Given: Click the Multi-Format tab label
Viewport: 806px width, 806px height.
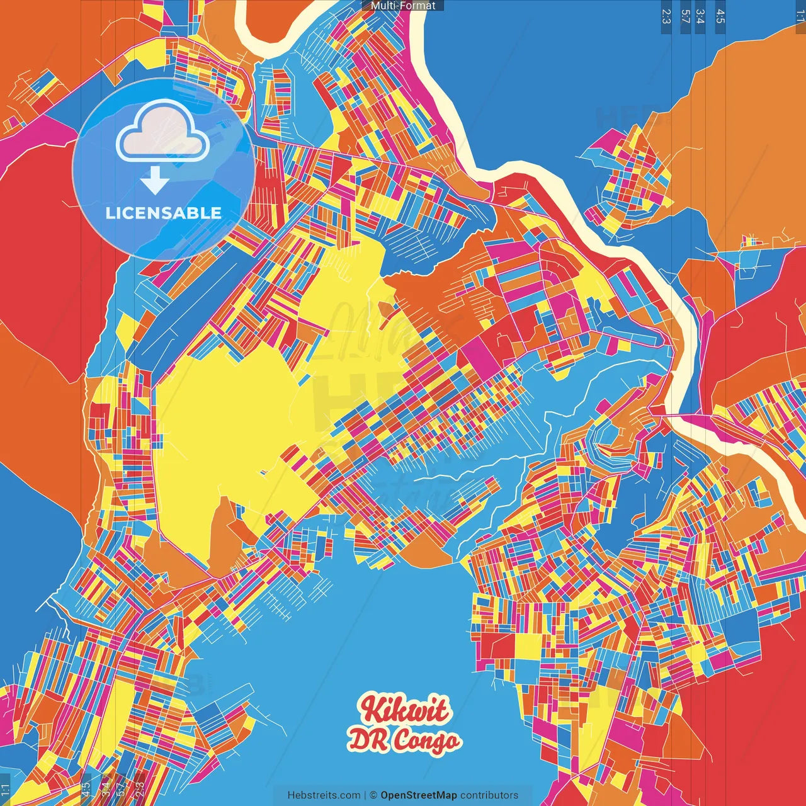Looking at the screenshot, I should tap(403, 6).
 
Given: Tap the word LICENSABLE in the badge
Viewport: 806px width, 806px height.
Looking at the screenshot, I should tap(164, 213).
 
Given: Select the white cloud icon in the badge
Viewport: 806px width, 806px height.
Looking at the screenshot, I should tap(162, 132).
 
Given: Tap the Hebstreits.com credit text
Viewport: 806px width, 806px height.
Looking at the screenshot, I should tap(324, 795).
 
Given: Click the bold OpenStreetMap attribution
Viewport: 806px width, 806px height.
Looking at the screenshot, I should tap(419, 795).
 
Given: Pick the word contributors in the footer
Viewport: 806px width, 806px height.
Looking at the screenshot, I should tap(489, 795).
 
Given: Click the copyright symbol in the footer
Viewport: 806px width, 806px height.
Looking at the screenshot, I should tap(373, 795).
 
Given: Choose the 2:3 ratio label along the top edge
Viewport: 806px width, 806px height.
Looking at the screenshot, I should tap(666, 16).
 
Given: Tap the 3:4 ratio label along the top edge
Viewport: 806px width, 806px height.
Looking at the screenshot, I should tap(701, 16).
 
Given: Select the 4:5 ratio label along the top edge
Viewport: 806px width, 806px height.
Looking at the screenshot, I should tap(720, 16).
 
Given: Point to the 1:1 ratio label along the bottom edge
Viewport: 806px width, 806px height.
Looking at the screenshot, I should tap(6, 790).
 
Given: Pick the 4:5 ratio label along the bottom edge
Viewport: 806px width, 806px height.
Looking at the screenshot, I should tap(86, 790).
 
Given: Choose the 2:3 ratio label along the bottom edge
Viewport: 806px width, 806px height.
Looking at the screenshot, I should tap(140, 790).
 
